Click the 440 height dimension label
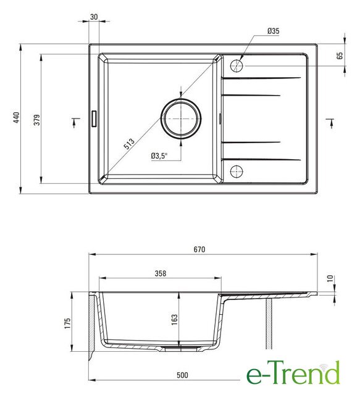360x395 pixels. click(17, 117)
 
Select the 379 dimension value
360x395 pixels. click(37, 120)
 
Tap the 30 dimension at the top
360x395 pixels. click(94, 17)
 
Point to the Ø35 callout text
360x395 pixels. click(274, 31)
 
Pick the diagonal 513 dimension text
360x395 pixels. click(129, 144)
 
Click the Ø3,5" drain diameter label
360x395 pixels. click(159, 156)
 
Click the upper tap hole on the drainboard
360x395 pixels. click(237, 66)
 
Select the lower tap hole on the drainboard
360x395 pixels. click(237, 172)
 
